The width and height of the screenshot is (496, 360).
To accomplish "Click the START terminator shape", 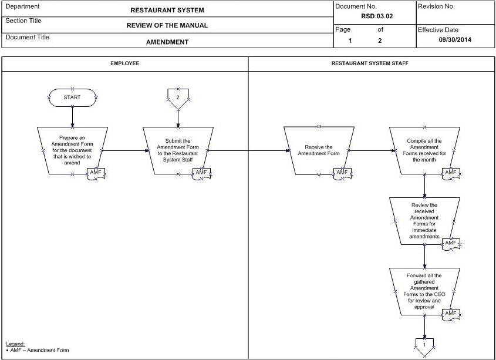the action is tap(72, 97).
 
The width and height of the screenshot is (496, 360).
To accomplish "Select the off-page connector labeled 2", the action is tap(178, 98).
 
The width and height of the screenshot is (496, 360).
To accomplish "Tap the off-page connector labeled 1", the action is tap(424, 346).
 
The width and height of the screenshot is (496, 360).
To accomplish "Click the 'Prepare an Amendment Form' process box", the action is tap(72, 150).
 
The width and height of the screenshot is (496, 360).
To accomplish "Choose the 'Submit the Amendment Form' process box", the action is tap(178, 150).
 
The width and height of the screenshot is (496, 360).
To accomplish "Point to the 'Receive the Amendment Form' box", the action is tap(319, 150).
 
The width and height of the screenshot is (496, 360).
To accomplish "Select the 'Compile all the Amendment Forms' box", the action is tap(424, 150).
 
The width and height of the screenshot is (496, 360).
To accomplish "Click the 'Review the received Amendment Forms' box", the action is tap(424, 221).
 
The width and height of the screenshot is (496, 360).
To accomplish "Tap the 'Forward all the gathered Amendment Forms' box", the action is tap(424, 291).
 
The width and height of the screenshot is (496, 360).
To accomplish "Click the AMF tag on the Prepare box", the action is tap(96, 173).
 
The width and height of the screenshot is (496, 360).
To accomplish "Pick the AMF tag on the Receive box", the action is tap(342, 173).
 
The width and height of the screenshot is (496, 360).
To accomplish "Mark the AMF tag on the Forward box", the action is tap(451, 314).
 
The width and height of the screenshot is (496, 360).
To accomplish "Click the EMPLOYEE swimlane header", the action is tap(125, 63).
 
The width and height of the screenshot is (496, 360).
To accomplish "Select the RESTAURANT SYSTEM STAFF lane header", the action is tap(370, 63).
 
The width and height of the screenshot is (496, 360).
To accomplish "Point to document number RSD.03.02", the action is tap(377, 16).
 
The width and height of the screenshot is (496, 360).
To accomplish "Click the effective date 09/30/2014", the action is tap(455, 40).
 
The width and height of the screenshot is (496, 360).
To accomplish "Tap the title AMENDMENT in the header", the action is tap(167, 42).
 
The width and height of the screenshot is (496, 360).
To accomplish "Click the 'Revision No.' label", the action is tap(436, 6).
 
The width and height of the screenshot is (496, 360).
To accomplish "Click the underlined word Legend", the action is tap(15, 344).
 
